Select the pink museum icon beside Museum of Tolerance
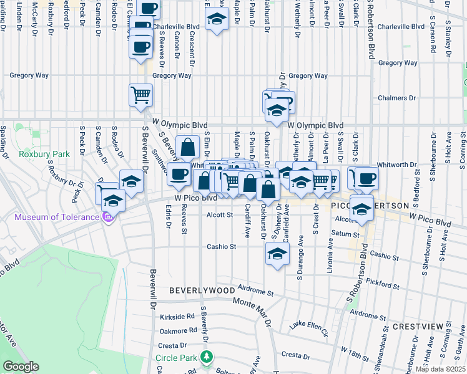[x=107, y=217]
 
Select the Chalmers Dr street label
[x=396, y=98]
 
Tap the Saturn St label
[x=347, y=234]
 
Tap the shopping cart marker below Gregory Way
[x=140, y=95]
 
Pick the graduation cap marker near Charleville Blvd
[x=216, y=21]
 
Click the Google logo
[x=21, y=367]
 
